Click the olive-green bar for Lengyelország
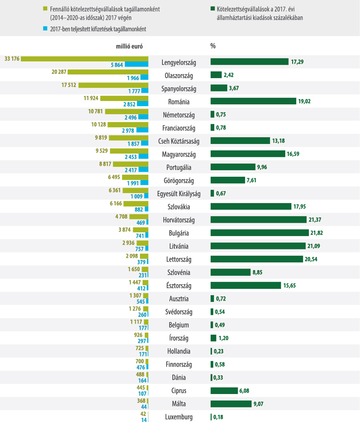coord(85,59)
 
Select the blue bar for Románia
coord(143,104)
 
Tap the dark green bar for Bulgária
coord(260,233)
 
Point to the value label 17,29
coord(297,62)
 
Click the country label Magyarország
coord(179,154)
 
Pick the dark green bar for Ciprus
coord(224,391)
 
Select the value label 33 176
coord(12,59)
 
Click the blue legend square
coord(45,29)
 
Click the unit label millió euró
coord(129,46)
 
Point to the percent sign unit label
coord(213,46)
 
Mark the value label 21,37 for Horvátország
coord(315,220)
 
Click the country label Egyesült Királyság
coord(179,194)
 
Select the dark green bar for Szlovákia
coord(251,206)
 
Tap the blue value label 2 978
coord(128,131)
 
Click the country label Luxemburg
coord(179,417)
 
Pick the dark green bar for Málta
coord(231,404)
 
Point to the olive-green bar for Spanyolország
coord(113,85)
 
